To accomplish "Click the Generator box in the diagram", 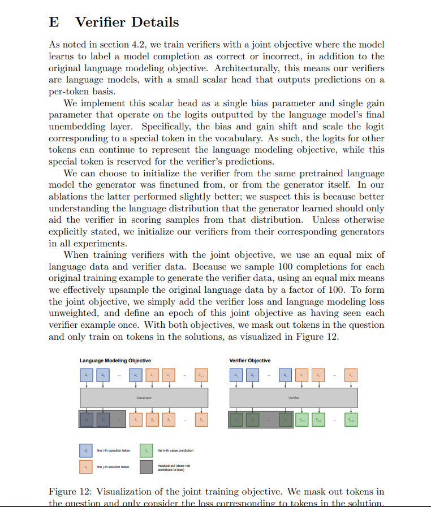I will pyautogui.click(x=144, y=398).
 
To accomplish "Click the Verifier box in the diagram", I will pyautogui.click(x=293, y=398).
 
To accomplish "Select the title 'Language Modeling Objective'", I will pyautogui.click(x=115, y=361).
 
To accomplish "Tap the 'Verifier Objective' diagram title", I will pyautogui.click(x=250, y=361).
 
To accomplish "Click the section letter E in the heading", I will pyautogui.click(x=54, y=23).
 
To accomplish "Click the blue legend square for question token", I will pyautogui.click(x=86, y=450).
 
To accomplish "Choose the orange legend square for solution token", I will pyautogui.click(x=86, y=467).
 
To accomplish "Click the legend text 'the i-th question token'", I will pyautogui.click(x=113, y=450).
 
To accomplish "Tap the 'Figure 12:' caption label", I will pyautogui.click(x=70, y=491).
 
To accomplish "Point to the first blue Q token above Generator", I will pyautogui.click(x=87, y=375).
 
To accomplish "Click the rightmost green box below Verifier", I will pyautogui.click(x=351, y=420).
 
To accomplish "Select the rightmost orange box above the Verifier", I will pyautogui.click(x=351, y=375).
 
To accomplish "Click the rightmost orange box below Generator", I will pyautogui.click(x=201, y=420).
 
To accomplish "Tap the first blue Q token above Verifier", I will pyautogui.click(x=236, y=375).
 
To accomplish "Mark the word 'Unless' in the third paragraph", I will pyautogui.click(x=327, y=220).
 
